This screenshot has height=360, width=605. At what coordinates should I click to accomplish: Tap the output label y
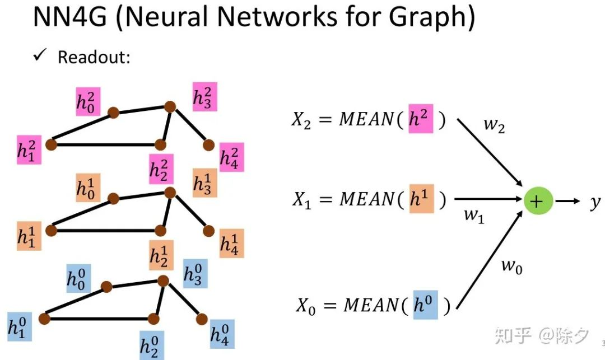[x=594, y=202]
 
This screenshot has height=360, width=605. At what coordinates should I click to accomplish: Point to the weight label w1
[x=474, y=215]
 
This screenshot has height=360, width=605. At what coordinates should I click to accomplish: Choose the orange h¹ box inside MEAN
[x=421, y=198]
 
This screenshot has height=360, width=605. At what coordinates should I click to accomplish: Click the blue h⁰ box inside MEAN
[x=425, y=305]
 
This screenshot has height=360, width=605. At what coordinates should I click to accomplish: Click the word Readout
[x=94, y=57]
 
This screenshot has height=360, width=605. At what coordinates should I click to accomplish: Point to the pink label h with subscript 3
[x=204, y=96]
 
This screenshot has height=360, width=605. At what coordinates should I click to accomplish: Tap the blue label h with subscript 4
[x=222, y=334]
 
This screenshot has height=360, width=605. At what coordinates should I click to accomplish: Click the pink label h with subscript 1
[x=29, y=149]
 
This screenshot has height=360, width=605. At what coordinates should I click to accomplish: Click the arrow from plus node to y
[x=567, y=202]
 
